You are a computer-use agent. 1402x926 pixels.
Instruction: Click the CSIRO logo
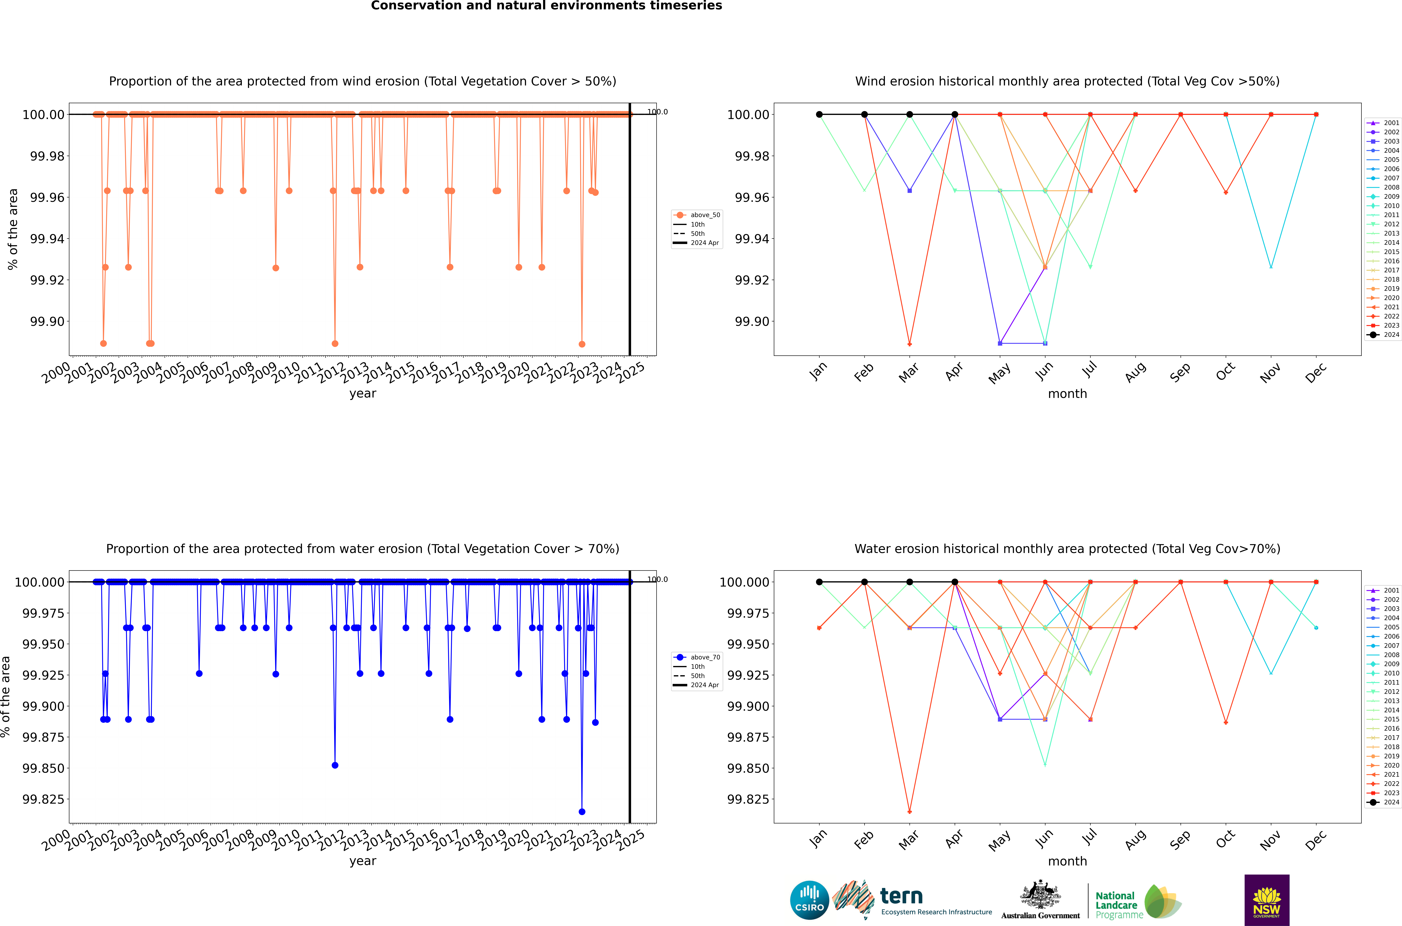pos(809,900)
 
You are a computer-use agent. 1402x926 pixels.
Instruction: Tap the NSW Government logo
pos(1267,900)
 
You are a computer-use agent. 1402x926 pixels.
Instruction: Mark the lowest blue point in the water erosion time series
pos(582,811)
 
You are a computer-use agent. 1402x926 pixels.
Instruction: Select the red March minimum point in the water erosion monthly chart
pos(909,811)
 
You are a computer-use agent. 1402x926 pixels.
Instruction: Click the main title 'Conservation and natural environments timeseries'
pos(546,6)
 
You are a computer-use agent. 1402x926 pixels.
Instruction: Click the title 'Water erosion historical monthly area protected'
pos(1067,549)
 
